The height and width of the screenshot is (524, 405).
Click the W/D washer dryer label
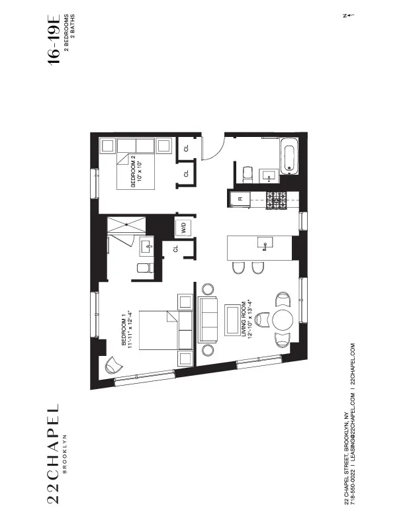[x=181, y=228]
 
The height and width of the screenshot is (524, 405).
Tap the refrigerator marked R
[x=240, y=198]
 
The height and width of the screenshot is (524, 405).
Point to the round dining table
[x=283, y=318]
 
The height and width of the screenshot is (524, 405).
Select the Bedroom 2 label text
[x=136, y=173]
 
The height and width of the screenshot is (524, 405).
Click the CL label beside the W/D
[x=176, y=249]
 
